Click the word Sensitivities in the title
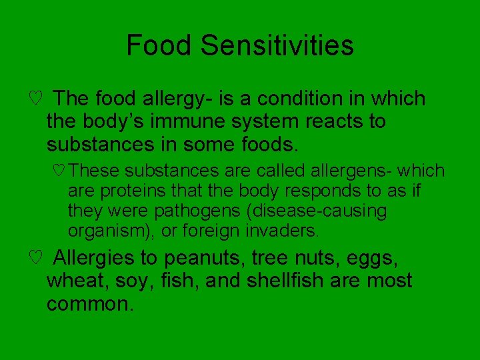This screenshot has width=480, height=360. click(277, 46)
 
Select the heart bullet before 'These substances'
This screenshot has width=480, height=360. click(58, 171)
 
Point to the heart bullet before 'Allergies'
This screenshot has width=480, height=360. click(37, 257)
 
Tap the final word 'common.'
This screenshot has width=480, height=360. click(91, 305)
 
